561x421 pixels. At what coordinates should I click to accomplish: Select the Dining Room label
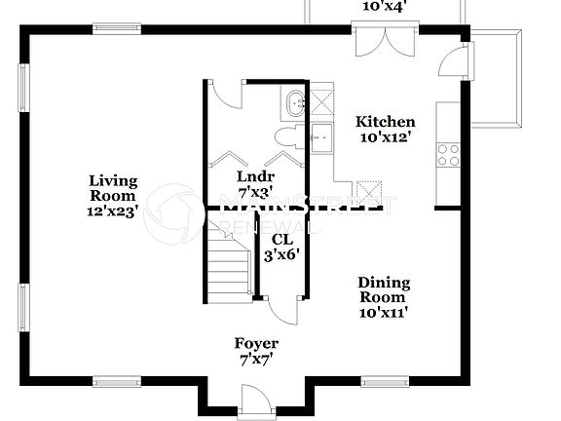[x=385, y=297]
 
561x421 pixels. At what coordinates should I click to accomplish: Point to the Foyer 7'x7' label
[x=256, y=351]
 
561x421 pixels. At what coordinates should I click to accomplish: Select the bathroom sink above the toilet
[x=295, y=101]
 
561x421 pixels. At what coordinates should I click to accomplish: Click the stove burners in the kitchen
[x=448, y=154]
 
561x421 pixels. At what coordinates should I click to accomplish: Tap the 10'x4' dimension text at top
[x=385, y=6]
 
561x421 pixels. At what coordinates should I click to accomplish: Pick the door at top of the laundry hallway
[x=224, y=94]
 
